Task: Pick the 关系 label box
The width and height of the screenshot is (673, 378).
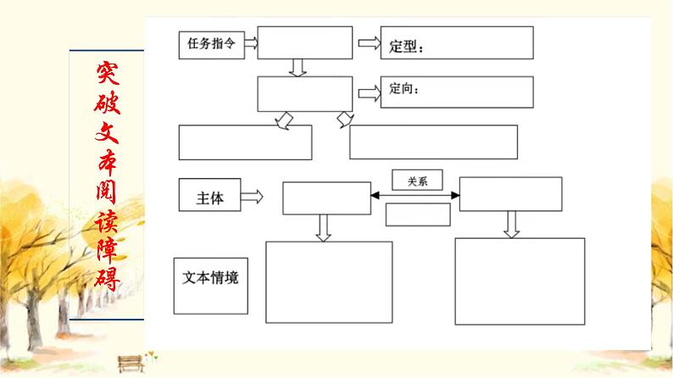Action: (417, 181)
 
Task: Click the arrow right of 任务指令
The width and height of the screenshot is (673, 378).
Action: (252, 45)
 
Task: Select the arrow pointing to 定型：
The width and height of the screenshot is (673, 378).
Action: (369, 43)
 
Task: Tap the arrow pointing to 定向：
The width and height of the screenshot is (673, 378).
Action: (369, 92)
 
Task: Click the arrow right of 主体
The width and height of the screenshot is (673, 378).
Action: (252, 197)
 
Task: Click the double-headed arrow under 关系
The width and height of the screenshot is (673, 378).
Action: (414, 197)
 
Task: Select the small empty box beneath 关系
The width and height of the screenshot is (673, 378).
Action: (417, 215)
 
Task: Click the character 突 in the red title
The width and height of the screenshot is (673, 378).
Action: (106, 76)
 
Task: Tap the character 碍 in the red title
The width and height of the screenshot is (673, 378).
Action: (106, 277)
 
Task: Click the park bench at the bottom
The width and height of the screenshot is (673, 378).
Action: (129, 362)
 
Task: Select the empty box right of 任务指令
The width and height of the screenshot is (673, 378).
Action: (304, 42)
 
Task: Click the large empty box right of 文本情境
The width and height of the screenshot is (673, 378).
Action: (329, 282)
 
